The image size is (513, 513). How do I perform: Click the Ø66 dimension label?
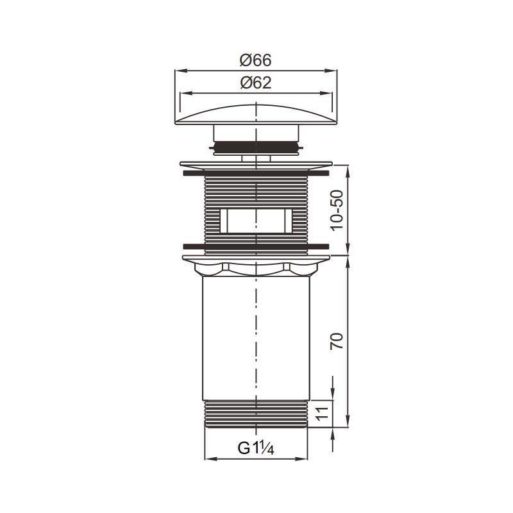tap(255, 60)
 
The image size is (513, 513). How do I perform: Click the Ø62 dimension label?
tap(255, 83)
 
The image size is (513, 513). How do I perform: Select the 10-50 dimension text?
tap(337, 210)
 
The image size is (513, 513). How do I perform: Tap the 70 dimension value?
tap(337, 341)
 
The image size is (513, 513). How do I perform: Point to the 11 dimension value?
tap(322, 414)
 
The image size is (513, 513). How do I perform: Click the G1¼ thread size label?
tap(255, 448)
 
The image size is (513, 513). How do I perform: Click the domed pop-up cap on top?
tap(256, 115)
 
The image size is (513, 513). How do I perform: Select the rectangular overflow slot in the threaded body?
tap(256, 221)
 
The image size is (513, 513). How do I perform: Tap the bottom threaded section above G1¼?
tap(256, 414)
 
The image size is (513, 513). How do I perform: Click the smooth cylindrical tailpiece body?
tap(256, 338)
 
